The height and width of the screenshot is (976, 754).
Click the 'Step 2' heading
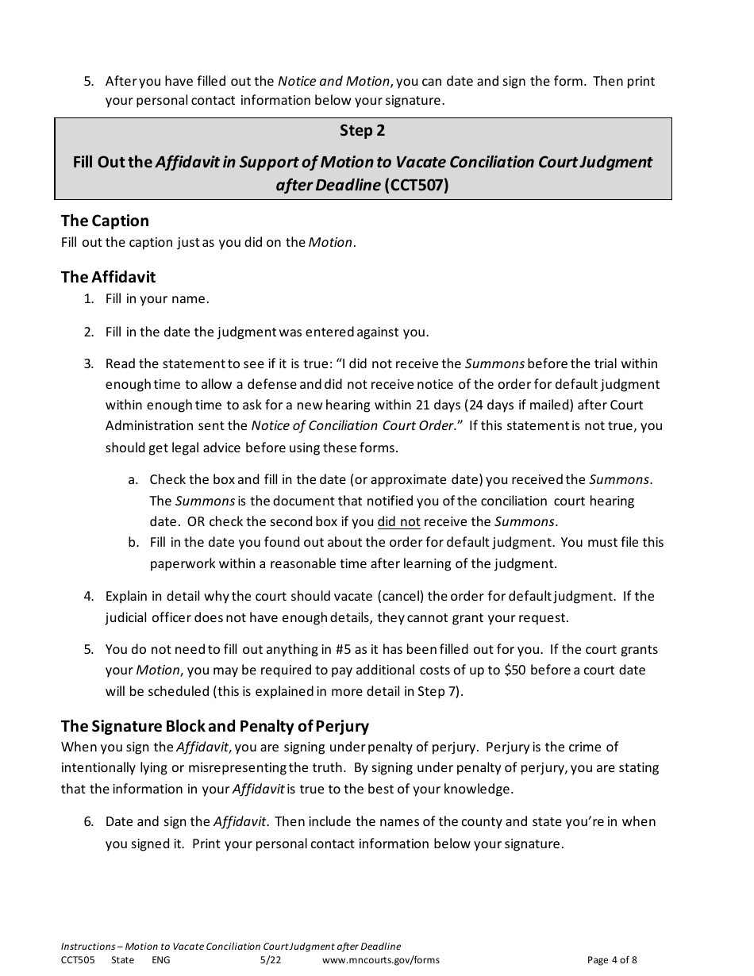[x=362, y=130]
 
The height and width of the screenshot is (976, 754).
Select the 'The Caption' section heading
[x=105, y=221]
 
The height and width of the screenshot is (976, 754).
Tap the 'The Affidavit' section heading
[x=108, y=277]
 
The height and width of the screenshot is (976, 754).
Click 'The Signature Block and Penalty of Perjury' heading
[x=214, y=726]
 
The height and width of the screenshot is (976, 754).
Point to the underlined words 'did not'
[x=398, y=522]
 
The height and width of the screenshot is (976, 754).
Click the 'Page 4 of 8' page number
[x=612, y=960]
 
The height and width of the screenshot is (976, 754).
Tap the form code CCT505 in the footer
[x=77, y=960]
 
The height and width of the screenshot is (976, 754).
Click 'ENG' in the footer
[x=160, y=960]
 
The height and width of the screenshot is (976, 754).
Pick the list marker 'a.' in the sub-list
[x=133, y=480]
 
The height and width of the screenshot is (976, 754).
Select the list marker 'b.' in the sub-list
[x=133, y=543]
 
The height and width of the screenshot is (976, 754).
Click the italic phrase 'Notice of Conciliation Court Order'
[x=352, y=425]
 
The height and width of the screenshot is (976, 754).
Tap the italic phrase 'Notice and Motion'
[x=333, y=81]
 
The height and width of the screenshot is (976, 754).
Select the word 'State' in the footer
[x=122, y=960]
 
